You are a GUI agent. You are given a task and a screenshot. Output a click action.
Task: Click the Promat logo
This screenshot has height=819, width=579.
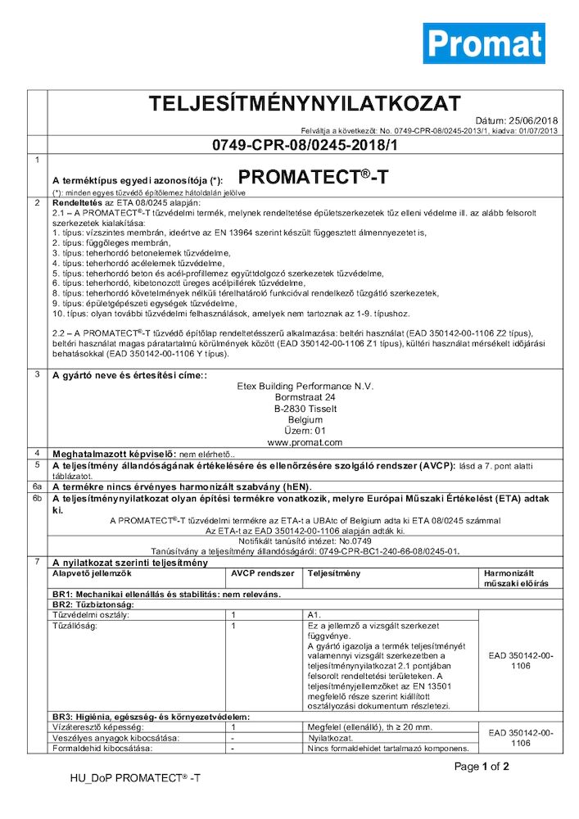483,43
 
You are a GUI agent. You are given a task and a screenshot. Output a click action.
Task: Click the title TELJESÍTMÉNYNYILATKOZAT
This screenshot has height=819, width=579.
304,104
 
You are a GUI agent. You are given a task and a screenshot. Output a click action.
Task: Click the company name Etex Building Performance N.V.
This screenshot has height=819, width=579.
304,386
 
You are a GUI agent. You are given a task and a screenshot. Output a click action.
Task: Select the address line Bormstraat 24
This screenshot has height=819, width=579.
304,396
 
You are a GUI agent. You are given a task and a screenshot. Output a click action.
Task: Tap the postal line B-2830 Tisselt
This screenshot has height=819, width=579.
304,408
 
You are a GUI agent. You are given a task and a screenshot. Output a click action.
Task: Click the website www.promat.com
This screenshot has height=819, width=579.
304,441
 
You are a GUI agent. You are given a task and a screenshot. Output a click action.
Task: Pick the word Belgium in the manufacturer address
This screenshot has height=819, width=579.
304,419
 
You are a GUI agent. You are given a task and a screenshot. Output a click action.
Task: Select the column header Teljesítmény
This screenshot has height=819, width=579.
333,573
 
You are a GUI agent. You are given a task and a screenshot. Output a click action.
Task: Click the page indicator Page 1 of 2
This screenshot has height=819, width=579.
482,767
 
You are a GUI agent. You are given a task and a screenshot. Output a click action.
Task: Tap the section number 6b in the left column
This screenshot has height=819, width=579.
37,497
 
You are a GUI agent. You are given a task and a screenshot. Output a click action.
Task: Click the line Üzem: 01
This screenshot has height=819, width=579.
304,430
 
